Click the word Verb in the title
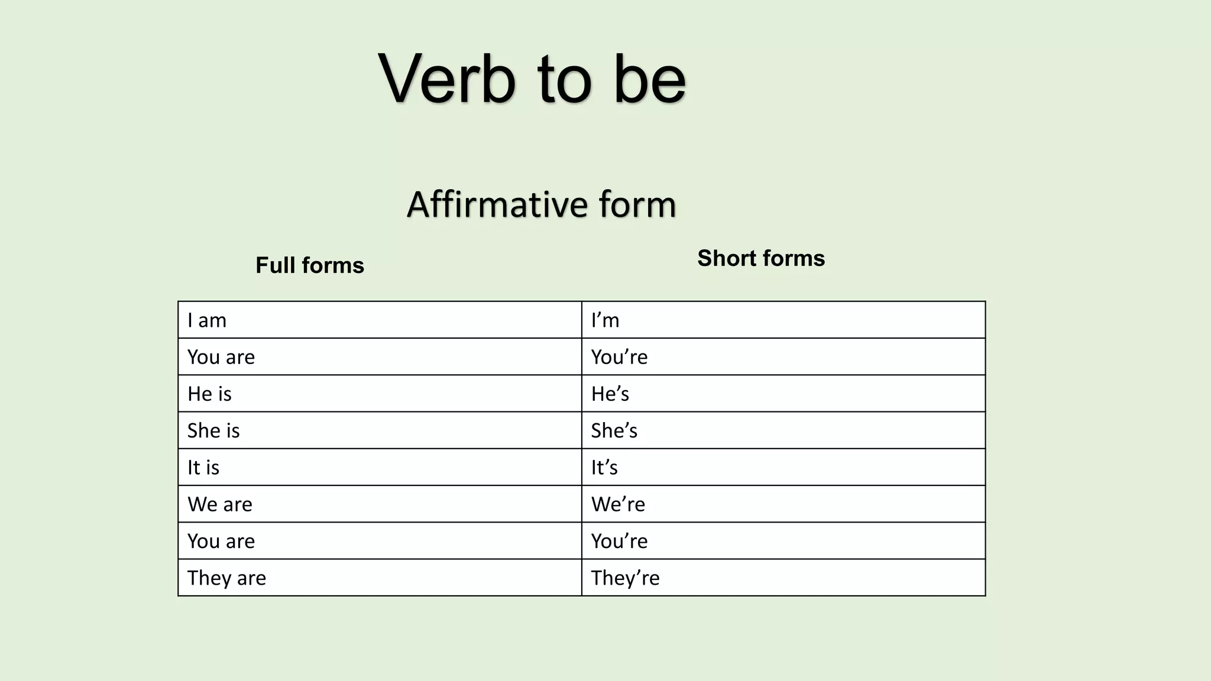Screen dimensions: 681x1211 pyautogui.click(x=447, y=79)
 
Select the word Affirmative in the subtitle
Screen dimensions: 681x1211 pyautogui.click(x=497, y=205)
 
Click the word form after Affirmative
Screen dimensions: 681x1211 pyautogui.click(x=637, y=205)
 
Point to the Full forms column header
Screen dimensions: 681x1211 pyautogui.click(x=310, y=265)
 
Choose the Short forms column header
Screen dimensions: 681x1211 pyautogui.click(x=761, y=258)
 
